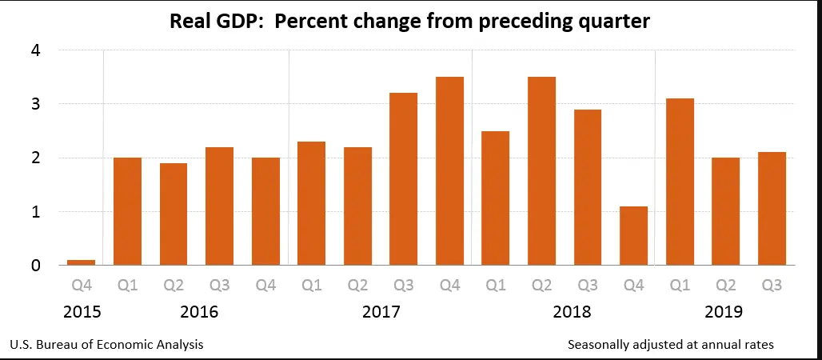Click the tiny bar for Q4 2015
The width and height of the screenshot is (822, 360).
82,262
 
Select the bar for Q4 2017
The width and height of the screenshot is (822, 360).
449,171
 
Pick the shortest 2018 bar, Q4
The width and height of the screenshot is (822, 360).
633,236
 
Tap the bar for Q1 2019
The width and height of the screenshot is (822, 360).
679,182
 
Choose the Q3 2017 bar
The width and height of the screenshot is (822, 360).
403,179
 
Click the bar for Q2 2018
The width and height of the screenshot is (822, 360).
541,171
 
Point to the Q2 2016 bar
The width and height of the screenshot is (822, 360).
174,214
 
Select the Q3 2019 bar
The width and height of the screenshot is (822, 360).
771,209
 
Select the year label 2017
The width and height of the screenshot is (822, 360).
381,311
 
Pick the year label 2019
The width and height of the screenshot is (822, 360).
724,311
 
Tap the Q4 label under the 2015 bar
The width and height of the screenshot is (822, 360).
82,284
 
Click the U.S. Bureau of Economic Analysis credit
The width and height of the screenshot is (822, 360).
106,345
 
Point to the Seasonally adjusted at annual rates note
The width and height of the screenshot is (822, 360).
670,345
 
